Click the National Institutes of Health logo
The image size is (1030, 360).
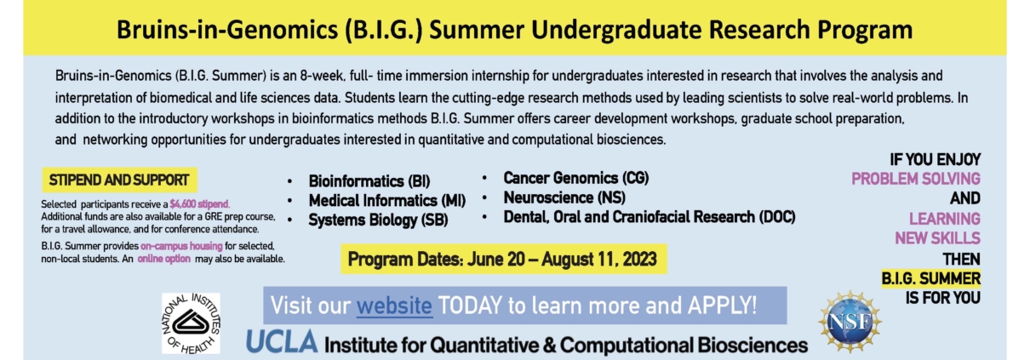click(191, 323)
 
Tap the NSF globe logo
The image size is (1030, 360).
click(850, 322)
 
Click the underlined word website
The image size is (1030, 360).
click(394, 306)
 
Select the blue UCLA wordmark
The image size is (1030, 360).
click(282, 341)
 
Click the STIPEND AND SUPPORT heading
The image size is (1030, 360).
click(119, 180)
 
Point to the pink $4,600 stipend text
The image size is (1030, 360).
click(199, 204)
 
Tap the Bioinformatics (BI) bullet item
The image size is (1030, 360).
click(369, 181)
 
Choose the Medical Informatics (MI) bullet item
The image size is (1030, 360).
click(387, 201)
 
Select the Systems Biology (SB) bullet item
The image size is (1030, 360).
click(378, 220)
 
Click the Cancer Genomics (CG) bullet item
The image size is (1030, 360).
click(576, 178)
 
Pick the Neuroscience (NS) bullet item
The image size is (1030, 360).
click(564, 197)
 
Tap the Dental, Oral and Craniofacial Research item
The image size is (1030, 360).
click(649, 217)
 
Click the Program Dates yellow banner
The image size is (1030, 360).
click(503, 260)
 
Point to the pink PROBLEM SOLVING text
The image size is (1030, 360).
click(915, 179)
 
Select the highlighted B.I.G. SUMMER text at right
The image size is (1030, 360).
click(930, 278)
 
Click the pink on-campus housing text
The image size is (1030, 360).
click(181, 246)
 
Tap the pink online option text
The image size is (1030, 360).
click(163, 259)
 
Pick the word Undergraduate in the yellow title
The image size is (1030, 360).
click(617, 30)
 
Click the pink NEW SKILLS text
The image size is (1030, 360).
click(937, 238)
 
